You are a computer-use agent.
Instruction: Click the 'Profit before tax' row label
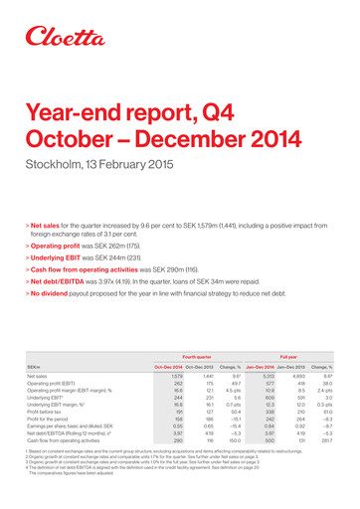[x=51, y=439]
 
